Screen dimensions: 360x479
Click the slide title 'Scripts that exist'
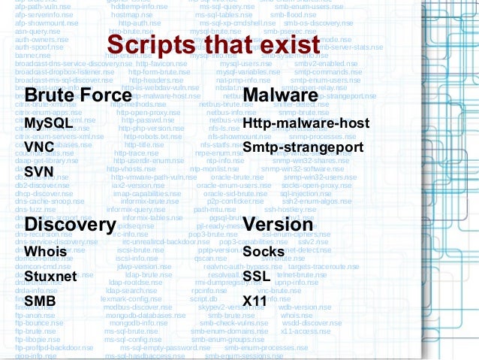[x=212, y=43]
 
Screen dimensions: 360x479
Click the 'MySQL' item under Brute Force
[x=48, y=122]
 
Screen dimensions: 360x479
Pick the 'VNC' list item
[x=38, y=147]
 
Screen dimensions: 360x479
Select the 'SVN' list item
[x=38, y=171]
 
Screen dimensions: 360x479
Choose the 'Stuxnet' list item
[x=51, y=277]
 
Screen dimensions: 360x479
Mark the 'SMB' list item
[x=40, y=301]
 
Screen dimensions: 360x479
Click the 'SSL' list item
[x=257, y=277]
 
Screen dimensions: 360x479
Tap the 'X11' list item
[x=255, y=301]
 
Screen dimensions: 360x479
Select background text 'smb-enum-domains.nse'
[x=225, y=331]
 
